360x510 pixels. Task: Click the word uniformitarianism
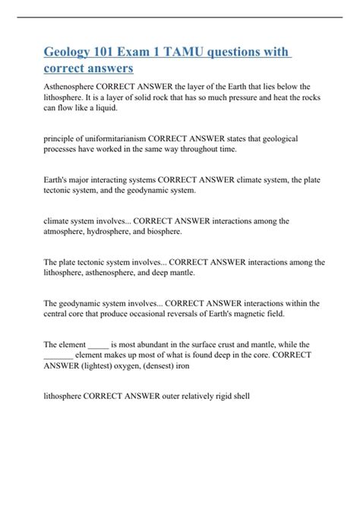(114, 139)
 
